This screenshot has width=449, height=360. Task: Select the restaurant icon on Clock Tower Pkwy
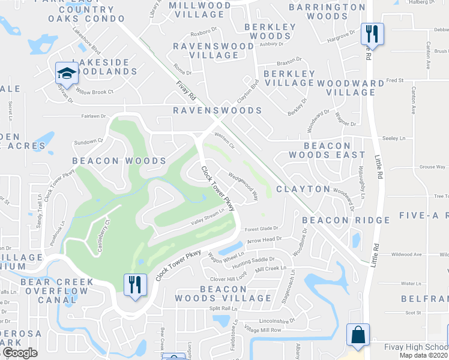(135, 284)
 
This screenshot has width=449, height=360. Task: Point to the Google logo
(20, 353)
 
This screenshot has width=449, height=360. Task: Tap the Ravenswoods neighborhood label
(217, 110)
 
